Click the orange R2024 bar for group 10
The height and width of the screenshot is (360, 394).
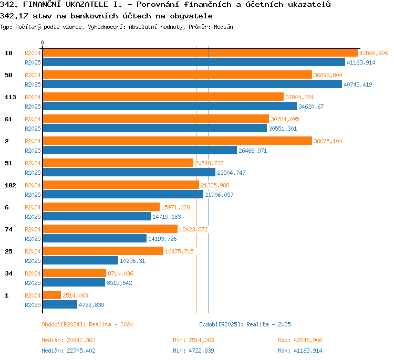(200, 52)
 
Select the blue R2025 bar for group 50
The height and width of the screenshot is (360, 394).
(192, 84)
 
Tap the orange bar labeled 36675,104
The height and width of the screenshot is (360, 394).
(178, 141)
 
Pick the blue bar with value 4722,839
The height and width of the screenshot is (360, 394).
(60, 304)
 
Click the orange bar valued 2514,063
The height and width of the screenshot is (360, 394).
(52, 295)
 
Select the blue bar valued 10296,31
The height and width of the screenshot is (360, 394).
(80, 260)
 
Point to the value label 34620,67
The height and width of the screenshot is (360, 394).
(311, 107)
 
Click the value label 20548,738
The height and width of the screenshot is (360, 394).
(209, 163)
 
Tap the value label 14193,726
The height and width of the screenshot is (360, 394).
(162, 239)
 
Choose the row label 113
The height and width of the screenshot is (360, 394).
(11, 97)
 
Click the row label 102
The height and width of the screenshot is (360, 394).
(11, 185)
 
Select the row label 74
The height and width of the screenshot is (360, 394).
(8, 229)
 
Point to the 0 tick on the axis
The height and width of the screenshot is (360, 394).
(42, 43)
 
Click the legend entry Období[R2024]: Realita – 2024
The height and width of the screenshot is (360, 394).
(87, 324)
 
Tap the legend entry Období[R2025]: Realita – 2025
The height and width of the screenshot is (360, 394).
(245, 324)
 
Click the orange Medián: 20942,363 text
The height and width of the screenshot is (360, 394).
(69, 340)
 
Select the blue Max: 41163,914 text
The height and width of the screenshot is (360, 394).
(300, 351)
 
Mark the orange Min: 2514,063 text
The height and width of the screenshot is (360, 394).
(193, 340)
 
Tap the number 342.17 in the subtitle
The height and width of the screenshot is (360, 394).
(14, 16)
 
